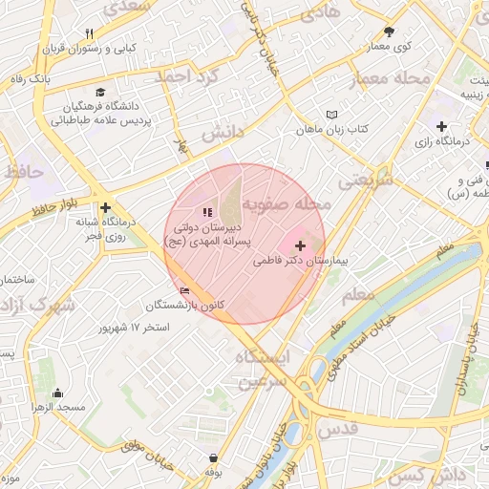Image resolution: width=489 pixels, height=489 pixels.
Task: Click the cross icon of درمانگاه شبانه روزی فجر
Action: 105,207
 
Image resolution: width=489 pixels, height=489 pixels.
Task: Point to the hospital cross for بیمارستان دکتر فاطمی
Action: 301,245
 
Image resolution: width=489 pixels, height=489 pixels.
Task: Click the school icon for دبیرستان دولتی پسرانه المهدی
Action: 208,212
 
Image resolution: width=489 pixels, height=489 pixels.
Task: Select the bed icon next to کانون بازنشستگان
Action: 184,290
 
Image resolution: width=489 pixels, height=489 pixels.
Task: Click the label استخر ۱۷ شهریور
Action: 134,328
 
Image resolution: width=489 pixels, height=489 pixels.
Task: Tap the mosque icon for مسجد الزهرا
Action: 57,392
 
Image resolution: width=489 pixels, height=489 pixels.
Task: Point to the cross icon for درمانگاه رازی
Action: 440,126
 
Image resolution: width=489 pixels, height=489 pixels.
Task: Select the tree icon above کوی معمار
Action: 389,32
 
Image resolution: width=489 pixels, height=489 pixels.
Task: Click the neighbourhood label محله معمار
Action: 395,79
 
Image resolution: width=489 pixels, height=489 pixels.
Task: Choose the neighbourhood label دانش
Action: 223,132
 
